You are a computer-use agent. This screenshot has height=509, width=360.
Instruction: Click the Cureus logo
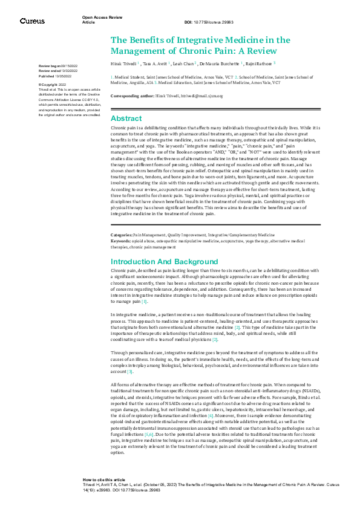(x=32, y=21)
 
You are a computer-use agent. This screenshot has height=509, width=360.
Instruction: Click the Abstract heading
(x=126, y=118)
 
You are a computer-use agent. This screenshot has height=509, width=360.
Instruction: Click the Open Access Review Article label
(x=97, y=20)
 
